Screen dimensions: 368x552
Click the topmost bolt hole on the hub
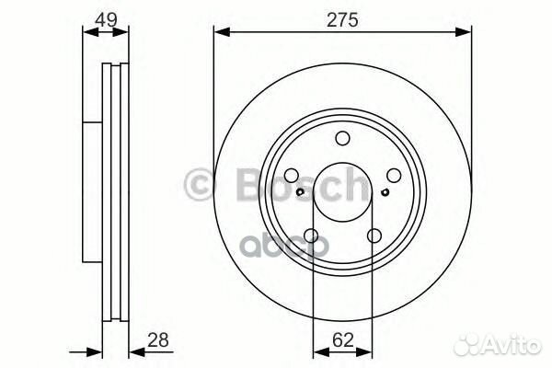pyautogui.click(x=342, y=139)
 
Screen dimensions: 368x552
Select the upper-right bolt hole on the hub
pyautogui.click(x=393, y=176)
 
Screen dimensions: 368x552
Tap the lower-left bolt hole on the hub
pyautogui.click(x=312, y=236)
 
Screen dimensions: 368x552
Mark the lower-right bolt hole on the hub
pyautogui.click(x=374, y=236)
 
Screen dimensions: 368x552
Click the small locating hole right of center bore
pyautogui.click(x=383, y=192)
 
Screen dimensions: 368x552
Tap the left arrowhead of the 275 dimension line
pyautogui.click(x=220, y=32)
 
